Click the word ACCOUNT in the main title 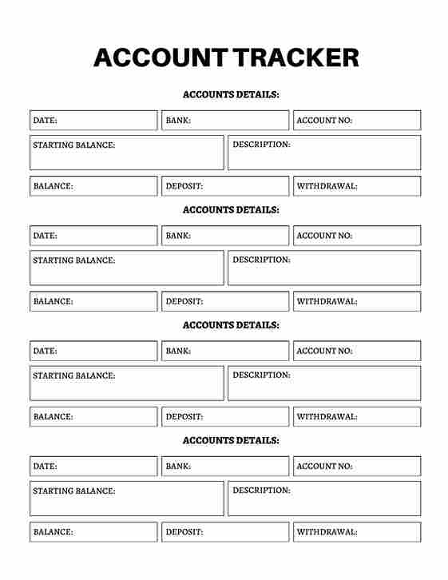click(159, 58)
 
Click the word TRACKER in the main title click(295, 58)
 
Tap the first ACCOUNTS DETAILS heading click(231, 94)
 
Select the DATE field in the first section click(93, 121)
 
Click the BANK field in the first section click(225, 121)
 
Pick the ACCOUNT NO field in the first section click(356, 121)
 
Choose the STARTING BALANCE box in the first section click(127, 153)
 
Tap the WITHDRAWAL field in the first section click(356, 186)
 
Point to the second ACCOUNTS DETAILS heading click(231, 209)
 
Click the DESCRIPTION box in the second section click(324, 268)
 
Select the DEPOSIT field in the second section click(225, 301)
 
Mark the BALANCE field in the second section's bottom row click(93, 301)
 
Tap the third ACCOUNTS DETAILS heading click(231, 325)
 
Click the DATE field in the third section click(93, 351)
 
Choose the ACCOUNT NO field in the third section click(356, 351)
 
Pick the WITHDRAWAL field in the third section click(356, 416)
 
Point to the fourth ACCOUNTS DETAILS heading click(231, 440)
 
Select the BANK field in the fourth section click(225, 466)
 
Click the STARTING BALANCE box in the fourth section click(127, 498)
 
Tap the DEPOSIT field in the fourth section click(225, 531)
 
